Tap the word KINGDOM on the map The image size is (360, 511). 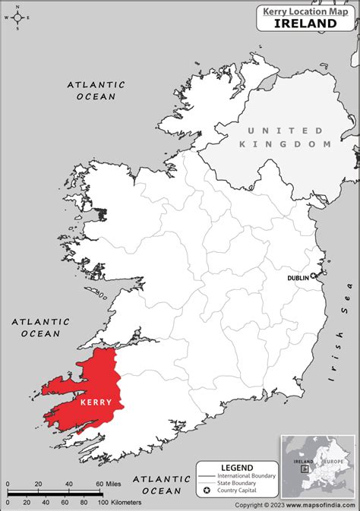(286, 144)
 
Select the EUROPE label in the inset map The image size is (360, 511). (335, 461)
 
